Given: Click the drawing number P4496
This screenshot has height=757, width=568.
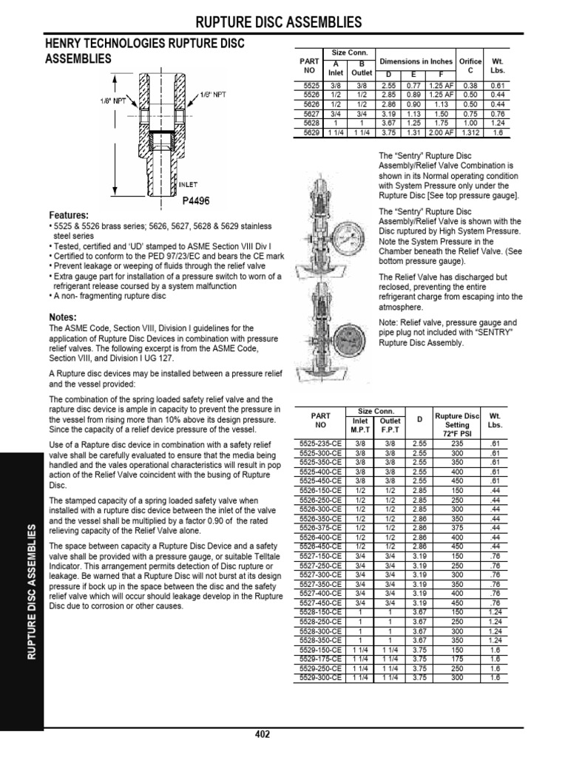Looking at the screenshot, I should tap(195, 199).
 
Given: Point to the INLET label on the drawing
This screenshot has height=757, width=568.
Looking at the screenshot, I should tap(187, 184).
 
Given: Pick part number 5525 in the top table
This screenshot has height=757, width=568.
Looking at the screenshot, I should tap(310, 86).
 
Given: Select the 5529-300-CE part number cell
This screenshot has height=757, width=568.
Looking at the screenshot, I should tap(320, 677).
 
